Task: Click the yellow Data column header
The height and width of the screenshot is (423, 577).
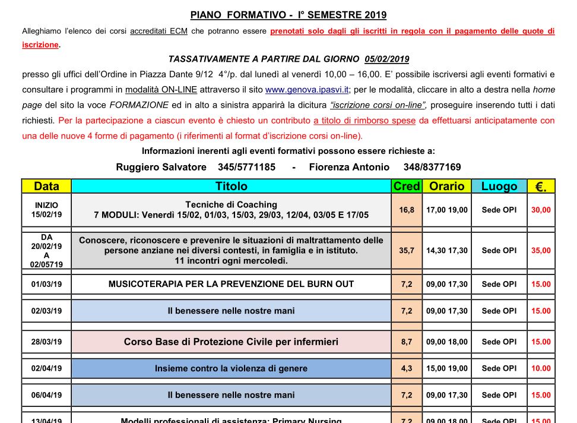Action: pyautogui.click(x=46, y=187)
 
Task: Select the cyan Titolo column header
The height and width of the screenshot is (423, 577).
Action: pyautogui.click(x=231, y=187)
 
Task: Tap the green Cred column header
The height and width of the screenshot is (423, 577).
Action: pyautogui.click(x=407, y=187)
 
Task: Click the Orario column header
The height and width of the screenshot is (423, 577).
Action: pyautogui.click(x=447, y=187)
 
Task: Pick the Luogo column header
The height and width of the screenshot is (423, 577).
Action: pyautogui.click(x=499, y=187)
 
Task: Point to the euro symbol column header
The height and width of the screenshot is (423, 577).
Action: pyautogui.click(x=541, y=187)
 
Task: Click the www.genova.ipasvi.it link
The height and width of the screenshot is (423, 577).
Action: pyautogui.click(x=307, y=90)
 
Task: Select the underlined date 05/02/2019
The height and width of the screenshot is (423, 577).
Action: pyautogui.click(x=387, y=59)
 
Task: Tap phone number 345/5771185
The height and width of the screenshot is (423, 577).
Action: pyautogui.click(x=246, y=167)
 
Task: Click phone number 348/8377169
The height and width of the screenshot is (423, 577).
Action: pyautogui.click(x=432, y=167)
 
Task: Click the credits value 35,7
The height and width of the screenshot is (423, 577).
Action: pyautogui.click(x=407, y=251)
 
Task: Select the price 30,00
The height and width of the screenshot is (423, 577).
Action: pyautogui.click(x=541, y=210)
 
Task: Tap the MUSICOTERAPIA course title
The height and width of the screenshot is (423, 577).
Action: pyautogui.click(x=231, y=284)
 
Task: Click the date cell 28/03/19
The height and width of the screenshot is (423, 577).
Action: pyautogui.click(x=46, y=342)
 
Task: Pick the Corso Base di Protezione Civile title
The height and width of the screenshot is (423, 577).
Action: pyautogui.click(x=231, y=342)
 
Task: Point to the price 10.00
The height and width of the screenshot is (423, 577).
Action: pyautogui.click(x=541, y=368)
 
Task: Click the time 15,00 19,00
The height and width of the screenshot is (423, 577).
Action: pyautogui.click(x=447, y=368)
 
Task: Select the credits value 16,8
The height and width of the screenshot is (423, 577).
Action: pyautogui.click(x=407, y=210)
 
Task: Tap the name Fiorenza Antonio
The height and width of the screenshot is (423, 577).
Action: pyautogui.click(x=349, y=167)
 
